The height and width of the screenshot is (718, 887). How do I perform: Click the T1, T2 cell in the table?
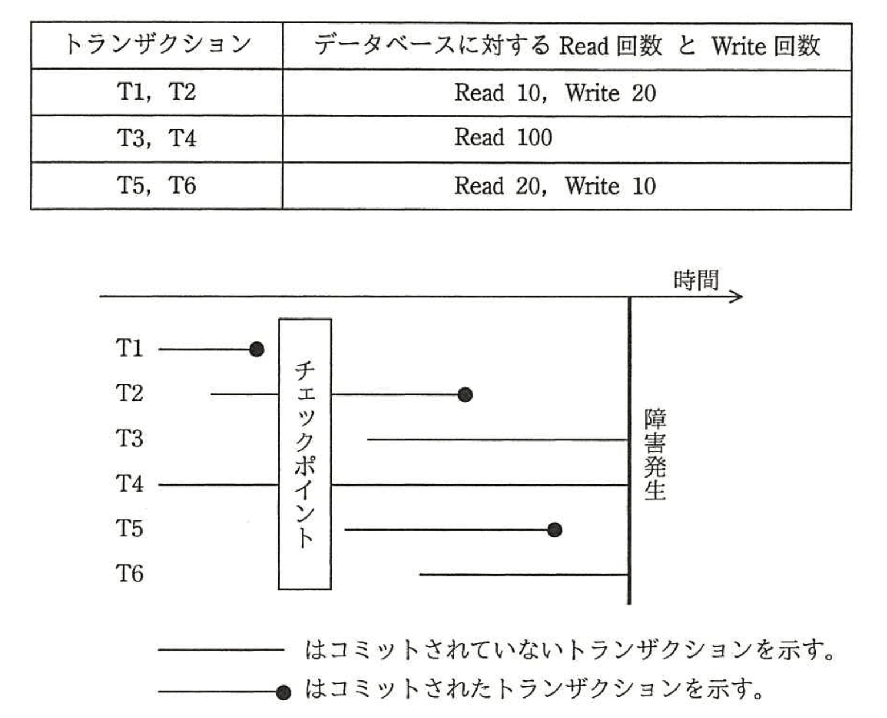pyautogui.click(x=156, y=92)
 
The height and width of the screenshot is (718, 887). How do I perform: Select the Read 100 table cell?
pyautogui.click(x=503, y=138)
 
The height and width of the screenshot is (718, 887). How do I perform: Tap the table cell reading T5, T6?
pyautogui.click(x=156, y=186)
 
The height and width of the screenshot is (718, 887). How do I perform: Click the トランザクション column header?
pyautogui.click(x=156, y=45)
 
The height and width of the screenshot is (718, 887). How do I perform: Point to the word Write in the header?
pyautogui.click(x=738, y=46)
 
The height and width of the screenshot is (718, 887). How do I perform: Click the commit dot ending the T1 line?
pyautogui.click(x=257, y=349)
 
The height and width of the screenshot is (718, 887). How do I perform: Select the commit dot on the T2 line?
pyautogui.click(x=465, y=394)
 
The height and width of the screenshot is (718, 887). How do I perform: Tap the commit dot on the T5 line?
pyautogui.click(x=554, y=530)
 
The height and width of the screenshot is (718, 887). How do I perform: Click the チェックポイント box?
pyautogui.click(x=305, y=454)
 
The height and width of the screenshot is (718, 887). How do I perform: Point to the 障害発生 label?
pyautogui.click(x=655, y=454)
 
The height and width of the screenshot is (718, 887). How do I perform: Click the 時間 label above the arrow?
pyautogui.click(x=695, y=280)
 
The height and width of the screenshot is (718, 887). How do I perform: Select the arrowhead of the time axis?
pyautogui.click(x=738, y=296)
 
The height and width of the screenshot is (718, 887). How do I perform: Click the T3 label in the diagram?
pyautogui.click(x=129, y=439)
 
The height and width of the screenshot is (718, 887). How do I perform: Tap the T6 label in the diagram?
pyautogui.click(x=129, y=573)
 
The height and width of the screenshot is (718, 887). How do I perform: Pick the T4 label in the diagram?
pyautogui.click(x=129, y=484)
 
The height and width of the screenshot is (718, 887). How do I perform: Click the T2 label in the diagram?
pyautogui.click(x=129, y=393)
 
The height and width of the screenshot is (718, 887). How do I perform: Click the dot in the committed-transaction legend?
pyautogui.click(x=283, y=693)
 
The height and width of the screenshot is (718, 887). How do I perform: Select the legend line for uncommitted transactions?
pyautogui.click(x=221, y=650)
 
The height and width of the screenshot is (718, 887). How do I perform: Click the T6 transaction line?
pyautogui.click(x=523, y=574)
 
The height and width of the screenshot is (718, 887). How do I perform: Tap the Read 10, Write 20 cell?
pyautogui.click(x=555, y=93)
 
